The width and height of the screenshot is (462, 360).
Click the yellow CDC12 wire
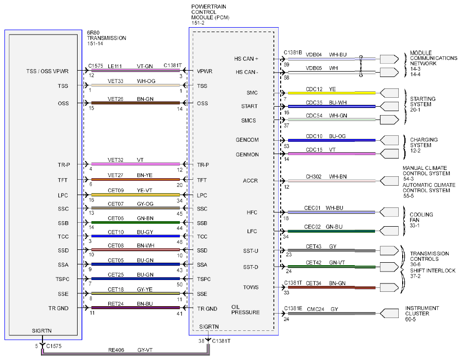point(332,93)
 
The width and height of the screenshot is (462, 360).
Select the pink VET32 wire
point(135,164)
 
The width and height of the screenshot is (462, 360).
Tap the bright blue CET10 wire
point(135,236)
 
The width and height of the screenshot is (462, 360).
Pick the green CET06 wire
point(135,222)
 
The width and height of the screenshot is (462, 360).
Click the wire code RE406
point(116,350)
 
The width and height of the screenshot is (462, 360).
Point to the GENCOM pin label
point(247,140)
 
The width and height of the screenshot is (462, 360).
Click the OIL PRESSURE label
point(245,310)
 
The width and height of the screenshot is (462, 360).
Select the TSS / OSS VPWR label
point(47,71)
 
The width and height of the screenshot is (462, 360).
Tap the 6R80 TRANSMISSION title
point(106,35)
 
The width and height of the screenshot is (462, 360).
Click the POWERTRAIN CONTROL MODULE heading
point(210,12)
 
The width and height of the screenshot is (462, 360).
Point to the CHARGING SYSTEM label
point(423,143)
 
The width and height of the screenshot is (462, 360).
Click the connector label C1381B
point(293,52)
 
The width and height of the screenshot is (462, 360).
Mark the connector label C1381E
point(293,308)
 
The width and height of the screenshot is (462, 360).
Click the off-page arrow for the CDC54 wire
point(389,120)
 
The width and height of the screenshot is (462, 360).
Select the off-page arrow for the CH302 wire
point(389,181)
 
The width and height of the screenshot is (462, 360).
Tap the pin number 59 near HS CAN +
point(287,65)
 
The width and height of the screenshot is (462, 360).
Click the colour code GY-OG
point(145,203)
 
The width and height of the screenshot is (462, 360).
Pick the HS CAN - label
point(247,72)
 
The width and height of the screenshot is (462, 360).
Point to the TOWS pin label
point(251,287)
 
